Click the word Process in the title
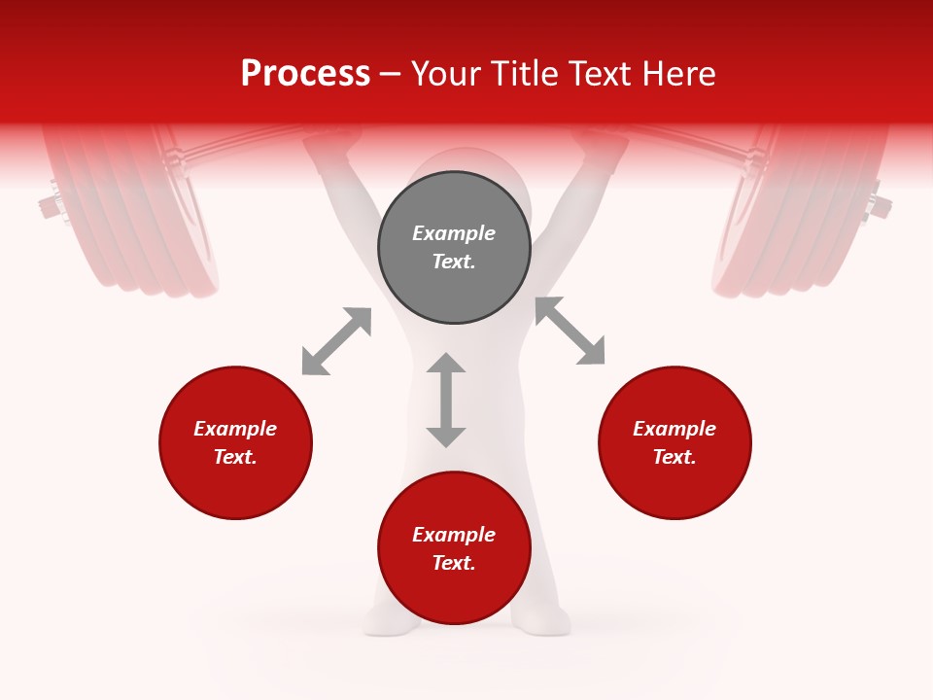(305, 74)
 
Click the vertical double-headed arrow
(446, 400)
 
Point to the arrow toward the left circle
(336, 341)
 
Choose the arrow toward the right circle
(570, 332)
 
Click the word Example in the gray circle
(454, 233)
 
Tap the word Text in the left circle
(234, 457)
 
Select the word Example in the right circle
(674, 429)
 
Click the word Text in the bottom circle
(453, 563)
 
